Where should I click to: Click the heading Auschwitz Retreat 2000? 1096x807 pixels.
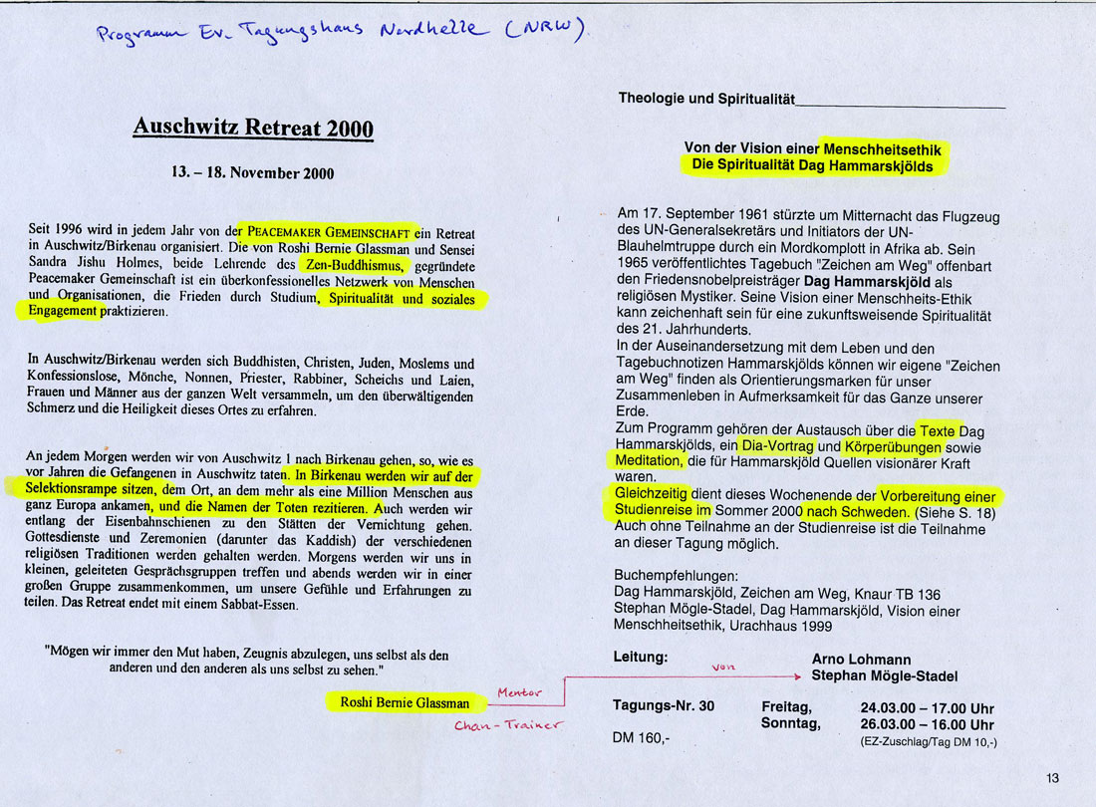253,129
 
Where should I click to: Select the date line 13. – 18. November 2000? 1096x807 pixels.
253,172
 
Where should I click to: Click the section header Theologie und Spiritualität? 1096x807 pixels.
705,99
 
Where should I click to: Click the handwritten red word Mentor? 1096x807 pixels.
519,692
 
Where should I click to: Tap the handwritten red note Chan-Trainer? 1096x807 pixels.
508,725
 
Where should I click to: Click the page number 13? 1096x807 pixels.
1053,778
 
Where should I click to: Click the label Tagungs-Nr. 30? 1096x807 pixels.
663,706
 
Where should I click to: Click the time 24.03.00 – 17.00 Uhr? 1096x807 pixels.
927,708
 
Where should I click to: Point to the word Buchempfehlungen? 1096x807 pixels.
677,576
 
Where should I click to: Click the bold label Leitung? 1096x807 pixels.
640,658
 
